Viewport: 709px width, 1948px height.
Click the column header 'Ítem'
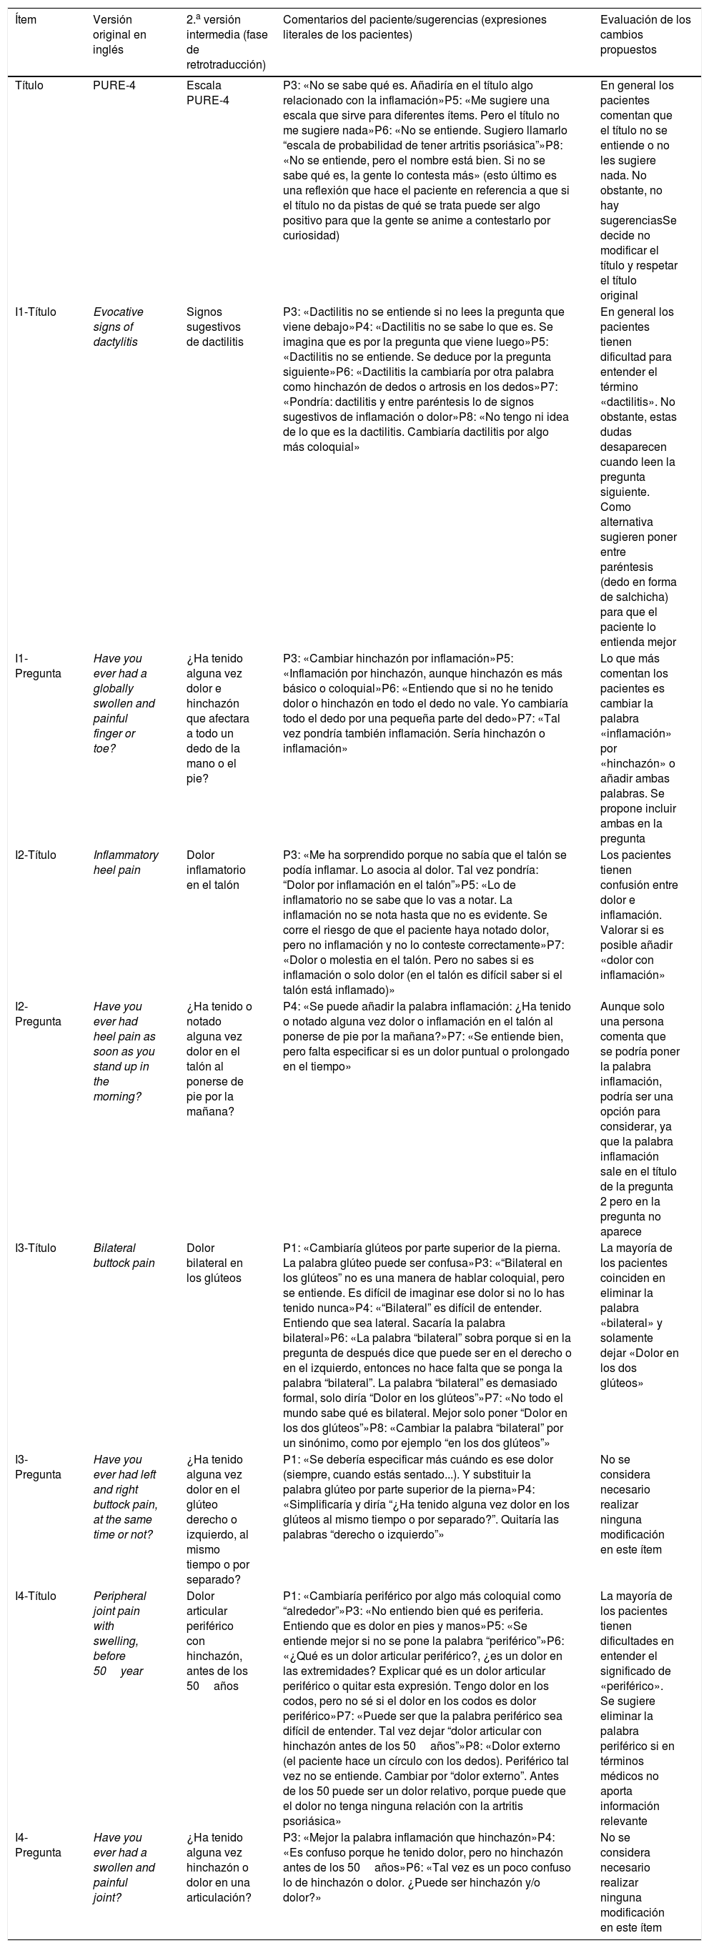pyautogui.click(x=26, y=20)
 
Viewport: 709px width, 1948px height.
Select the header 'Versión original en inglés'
pyautogui.click(x=119, y=35)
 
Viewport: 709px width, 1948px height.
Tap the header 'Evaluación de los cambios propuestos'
pyautogui.click(x=645, y=35)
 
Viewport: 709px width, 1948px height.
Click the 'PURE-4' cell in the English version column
pyautogui.click(x=115, y=86)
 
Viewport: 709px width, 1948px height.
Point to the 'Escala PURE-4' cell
pyautogui.click(x=207, y=93)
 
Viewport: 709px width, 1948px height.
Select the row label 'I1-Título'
pyautogui.click(x=36, y=312)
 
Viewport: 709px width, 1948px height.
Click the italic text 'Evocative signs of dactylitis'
pyautogui.click(x=118, y=327)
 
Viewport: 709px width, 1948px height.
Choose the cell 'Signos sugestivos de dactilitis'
pyautogui.click(x=214, y=327)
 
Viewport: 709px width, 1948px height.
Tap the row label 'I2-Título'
pyautogui.click(x=36, y=855)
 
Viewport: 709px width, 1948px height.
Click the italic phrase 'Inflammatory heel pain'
pyautogui.click(x=126, y=863)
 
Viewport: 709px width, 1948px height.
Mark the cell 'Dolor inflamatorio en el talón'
pyautogui.click(x=216, y=870)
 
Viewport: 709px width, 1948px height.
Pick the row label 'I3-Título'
pyautogui.click(x=36, y=1248)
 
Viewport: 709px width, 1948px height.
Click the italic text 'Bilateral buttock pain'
pyautogui.click(x=124, y=1256)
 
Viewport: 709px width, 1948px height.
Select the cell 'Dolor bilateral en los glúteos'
pyautogui.click(x=214, y=1263)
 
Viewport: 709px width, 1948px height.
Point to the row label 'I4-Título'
pyautogui.click(x=36, y=1596)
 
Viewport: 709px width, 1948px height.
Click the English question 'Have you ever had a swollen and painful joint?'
pyautogui.click(x=124, y=1869)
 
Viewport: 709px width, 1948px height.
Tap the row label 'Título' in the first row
pyautogui.click(x=29, y=86)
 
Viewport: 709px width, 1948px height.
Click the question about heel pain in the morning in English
pyautogui.click(x=124, y=1052)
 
